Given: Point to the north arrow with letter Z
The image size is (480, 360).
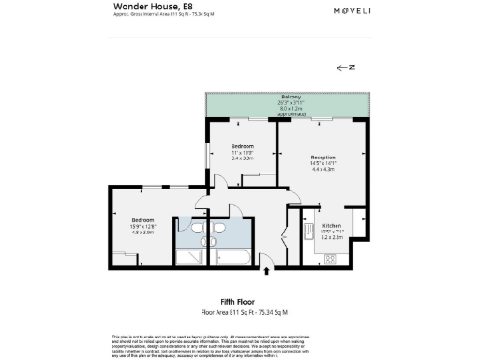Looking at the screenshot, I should (345, 68).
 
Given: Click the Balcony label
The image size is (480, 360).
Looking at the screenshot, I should (291, 97).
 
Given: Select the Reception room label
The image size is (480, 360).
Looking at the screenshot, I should (323, 157).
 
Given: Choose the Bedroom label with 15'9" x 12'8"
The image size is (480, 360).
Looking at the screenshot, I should (142, 219).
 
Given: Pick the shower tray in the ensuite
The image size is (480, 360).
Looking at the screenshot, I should (195, 254).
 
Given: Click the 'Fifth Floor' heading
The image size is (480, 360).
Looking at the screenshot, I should (238, 301).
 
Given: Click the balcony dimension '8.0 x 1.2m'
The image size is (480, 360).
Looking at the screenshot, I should (291, 109).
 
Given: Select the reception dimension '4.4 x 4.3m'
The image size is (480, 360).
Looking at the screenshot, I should (323, 169).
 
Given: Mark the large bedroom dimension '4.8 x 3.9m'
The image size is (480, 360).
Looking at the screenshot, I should (142, 232).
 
